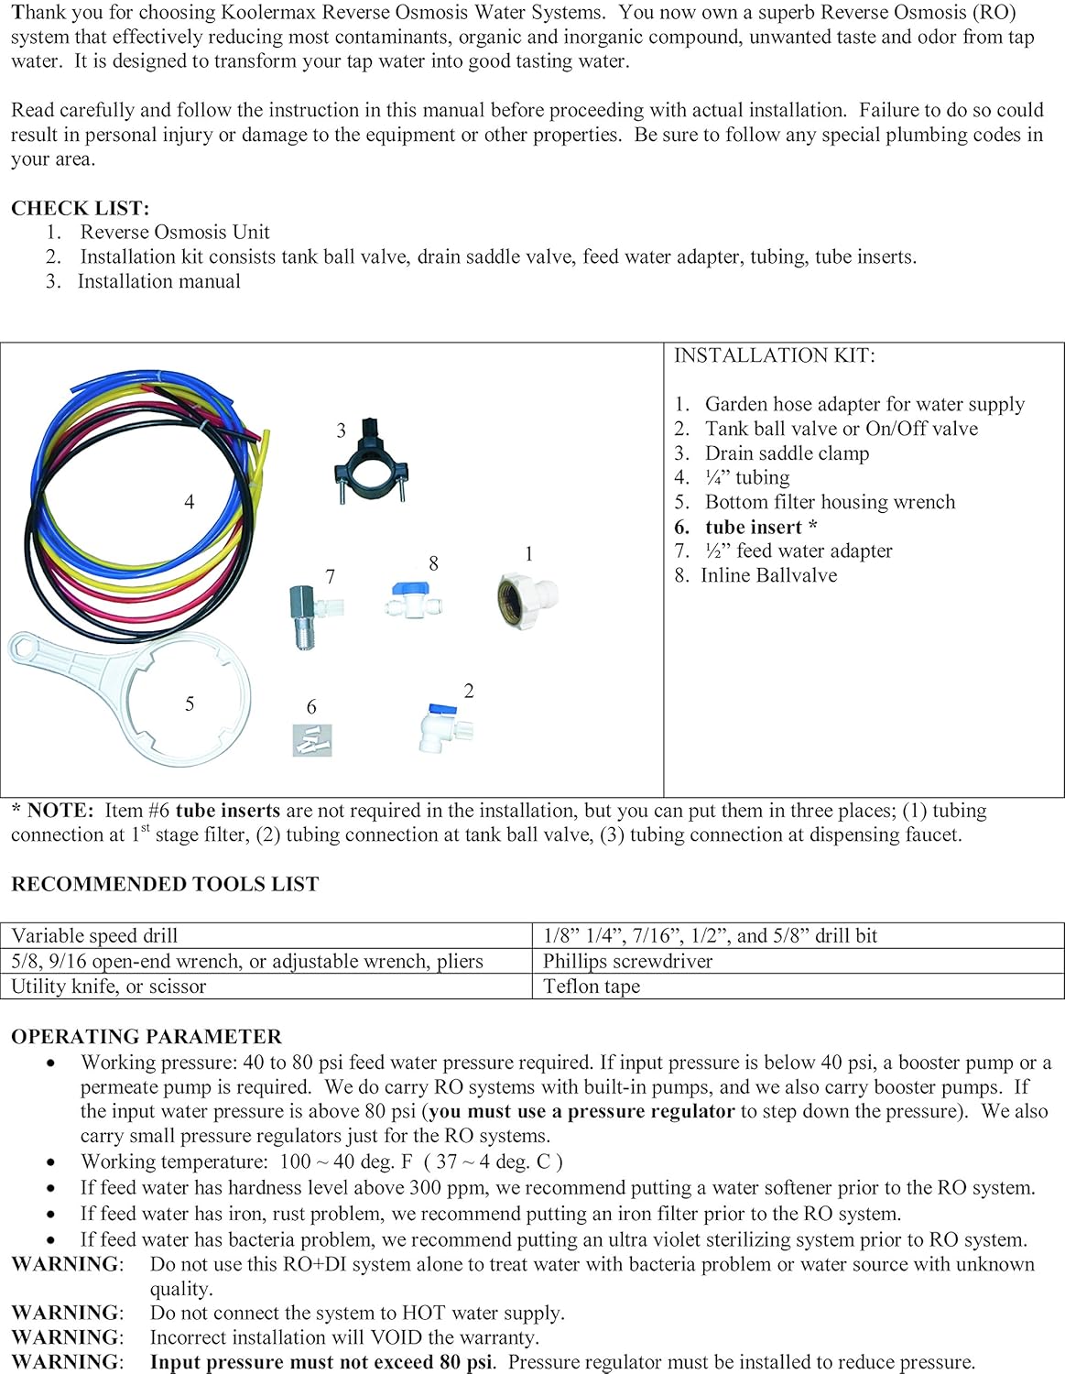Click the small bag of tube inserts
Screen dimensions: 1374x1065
click(x=312, y=739)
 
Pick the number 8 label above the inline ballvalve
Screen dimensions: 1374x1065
click(x=433, y=564)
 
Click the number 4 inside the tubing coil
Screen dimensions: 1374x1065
click(x=190, y=502)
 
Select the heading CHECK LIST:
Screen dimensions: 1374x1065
click(x=80, y=208)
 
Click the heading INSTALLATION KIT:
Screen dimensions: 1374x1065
click(x=774, y=355)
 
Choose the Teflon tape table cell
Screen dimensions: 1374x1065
click(x=592, y=987)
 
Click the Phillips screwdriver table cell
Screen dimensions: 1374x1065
click(x=627, y=961)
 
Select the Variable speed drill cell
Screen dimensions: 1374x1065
click(x=95, y=935)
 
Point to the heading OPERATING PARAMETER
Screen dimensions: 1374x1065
click(x=147, y=1037)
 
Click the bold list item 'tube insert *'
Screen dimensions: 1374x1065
click(x=760, y=527)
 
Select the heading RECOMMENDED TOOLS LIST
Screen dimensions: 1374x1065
click(x=165, y=884)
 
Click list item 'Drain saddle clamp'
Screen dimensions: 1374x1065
click(x=787, y=453)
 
